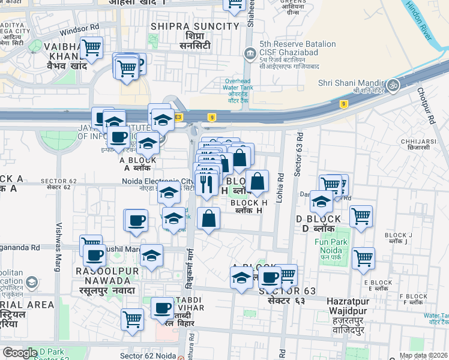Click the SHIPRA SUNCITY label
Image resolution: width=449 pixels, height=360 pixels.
click(195, 26)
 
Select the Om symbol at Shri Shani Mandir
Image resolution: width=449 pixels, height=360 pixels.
click(394, 84)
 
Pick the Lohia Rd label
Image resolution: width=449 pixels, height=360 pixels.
click(279, 187)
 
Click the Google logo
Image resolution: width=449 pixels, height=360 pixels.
click(20, 353)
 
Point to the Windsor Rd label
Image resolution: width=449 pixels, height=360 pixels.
click(80, 28)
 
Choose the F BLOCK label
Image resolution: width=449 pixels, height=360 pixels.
click(414, 296)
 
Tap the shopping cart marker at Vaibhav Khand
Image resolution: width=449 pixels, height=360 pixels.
click(91, 47)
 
